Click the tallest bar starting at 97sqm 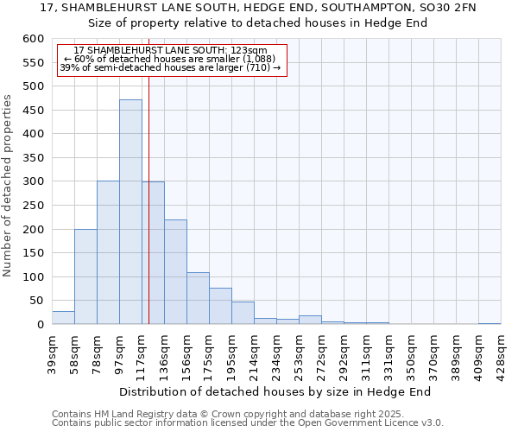130,212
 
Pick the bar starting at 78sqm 108,252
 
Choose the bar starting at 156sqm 198,298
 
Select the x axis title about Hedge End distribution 275,391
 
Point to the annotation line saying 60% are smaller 170,59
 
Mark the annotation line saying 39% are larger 170,67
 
